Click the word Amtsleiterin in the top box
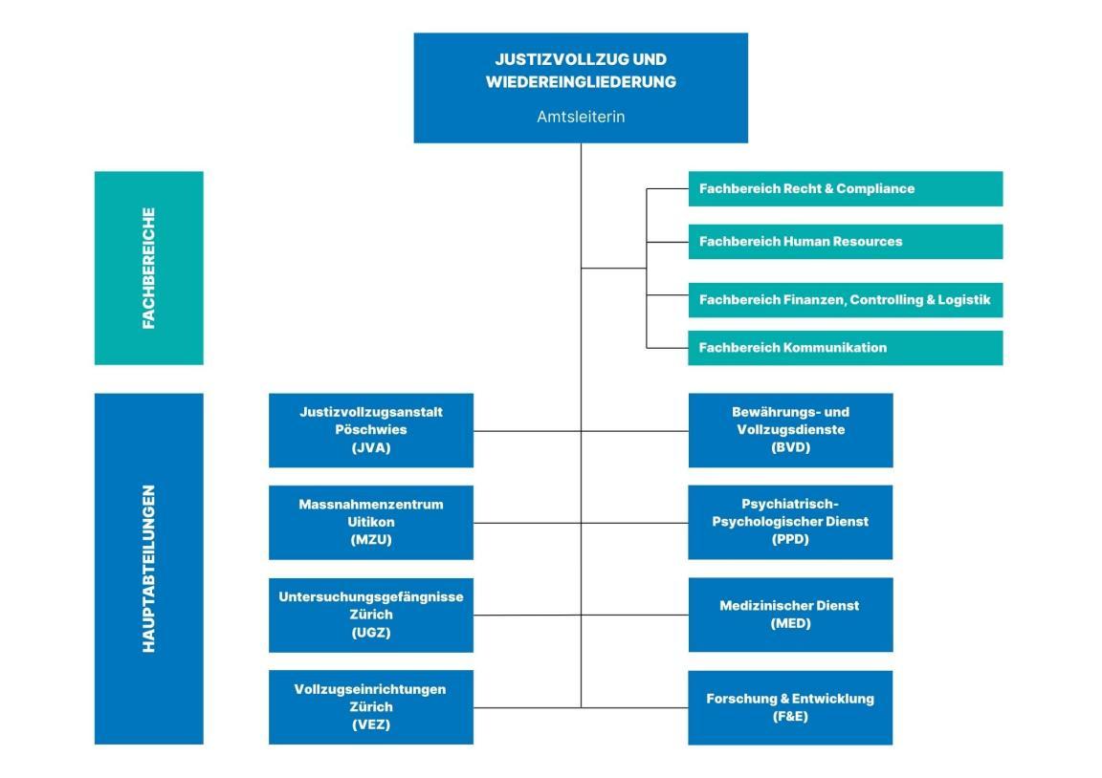(x=580, y=117)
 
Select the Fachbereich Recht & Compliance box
(x=845, y=188)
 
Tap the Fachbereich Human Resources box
(x=845, y=242)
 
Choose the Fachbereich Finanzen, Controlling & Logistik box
(x=845, y=300)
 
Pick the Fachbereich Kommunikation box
(x=845, y=348)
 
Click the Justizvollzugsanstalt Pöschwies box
(x=370, y=430)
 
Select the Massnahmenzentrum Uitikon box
(x=370, y=522)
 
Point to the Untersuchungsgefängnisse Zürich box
(x=370, y=615)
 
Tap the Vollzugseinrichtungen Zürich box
(x=370, y=707)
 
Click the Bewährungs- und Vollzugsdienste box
(x=790, y=430)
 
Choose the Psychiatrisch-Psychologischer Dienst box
(x=790, y=522)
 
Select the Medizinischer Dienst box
(x=790, y=615)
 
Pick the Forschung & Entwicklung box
(x=790, y=707)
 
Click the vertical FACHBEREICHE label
(x=148, y=269)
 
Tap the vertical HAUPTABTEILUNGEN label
(x=148, y=569)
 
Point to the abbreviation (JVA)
(x=370, y=448)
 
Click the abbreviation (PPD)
(x=790, y=540)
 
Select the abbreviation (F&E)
(x=790, y=717)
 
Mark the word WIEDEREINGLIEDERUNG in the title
(x=580, y=82)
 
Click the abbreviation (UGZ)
(x=370, y=633)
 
